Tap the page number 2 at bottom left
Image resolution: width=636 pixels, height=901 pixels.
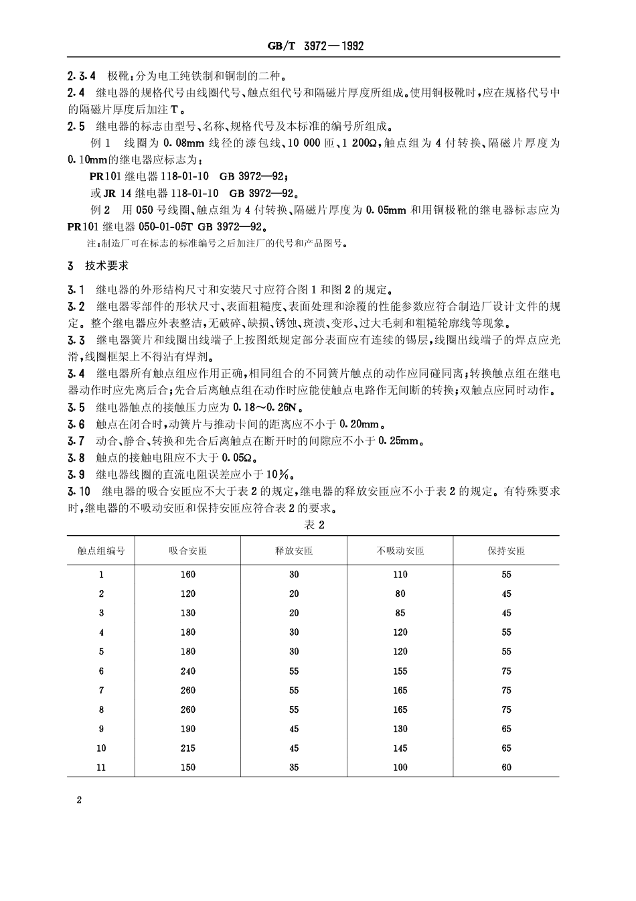79,801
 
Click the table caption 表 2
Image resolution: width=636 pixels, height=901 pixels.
313,525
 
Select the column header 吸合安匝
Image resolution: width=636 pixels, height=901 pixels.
187,551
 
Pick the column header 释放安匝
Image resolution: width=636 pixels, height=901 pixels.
294,551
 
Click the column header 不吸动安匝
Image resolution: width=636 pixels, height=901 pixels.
400,551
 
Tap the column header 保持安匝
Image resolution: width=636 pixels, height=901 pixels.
506,551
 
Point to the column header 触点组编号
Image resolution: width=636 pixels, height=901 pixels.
101,551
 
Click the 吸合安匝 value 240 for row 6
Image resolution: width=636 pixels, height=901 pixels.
187,671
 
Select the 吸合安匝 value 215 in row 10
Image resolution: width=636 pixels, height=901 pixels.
187,748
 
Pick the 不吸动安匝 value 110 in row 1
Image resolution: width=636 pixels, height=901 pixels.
400,574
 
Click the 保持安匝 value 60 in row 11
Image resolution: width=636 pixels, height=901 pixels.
506,767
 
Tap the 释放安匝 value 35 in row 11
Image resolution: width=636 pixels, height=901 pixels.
294,767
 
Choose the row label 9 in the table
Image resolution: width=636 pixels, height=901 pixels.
101,729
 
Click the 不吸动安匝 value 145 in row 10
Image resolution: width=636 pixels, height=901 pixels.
400,748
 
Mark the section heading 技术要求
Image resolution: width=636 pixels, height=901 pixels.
102,266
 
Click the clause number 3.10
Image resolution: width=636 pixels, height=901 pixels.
78,491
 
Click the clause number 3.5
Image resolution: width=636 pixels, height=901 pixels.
76,407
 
